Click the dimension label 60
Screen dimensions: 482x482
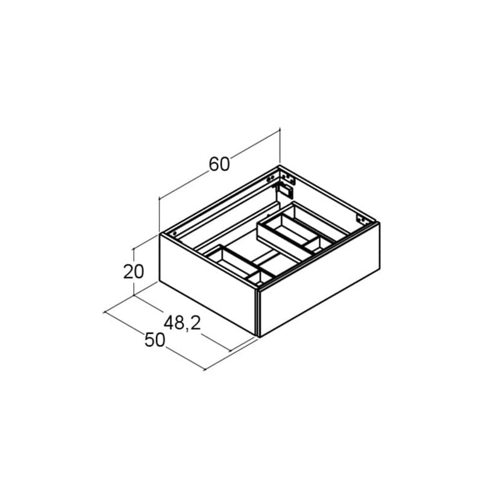219,164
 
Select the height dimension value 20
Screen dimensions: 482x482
133,272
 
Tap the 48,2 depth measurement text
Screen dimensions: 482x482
183,323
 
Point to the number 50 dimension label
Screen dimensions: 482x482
155,340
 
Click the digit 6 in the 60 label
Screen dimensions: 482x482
214,164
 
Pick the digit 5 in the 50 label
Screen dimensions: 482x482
149,340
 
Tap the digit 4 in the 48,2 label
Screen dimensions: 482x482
169,323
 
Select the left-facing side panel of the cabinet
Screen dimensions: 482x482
208,284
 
